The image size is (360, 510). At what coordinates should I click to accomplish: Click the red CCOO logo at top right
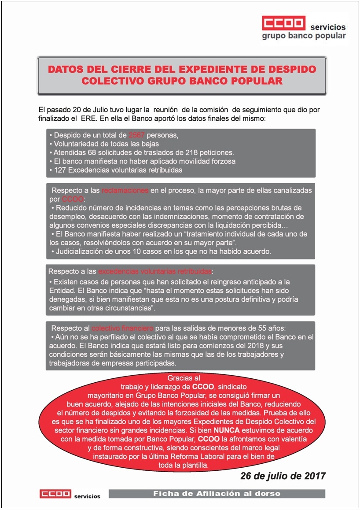point(283,23)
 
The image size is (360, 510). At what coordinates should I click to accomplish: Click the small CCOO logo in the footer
point(55,494)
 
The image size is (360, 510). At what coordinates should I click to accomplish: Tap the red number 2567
point(136,135)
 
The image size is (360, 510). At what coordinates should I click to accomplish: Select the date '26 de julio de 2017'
point(283,476)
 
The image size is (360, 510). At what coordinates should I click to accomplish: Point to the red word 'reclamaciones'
point(125,191)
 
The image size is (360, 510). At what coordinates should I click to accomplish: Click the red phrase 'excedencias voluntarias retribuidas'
point(155,271)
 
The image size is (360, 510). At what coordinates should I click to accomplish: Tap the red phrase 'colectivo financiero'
point(122,328)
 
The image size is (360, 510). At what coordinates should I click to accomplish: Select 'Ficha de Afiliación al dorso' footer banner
point(217,494)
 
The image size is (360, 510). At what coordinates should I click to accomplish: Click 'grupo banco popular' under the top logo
point(304,36)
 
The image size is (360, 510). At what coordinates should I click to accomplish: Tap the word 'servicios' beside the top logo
point(328,27)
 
